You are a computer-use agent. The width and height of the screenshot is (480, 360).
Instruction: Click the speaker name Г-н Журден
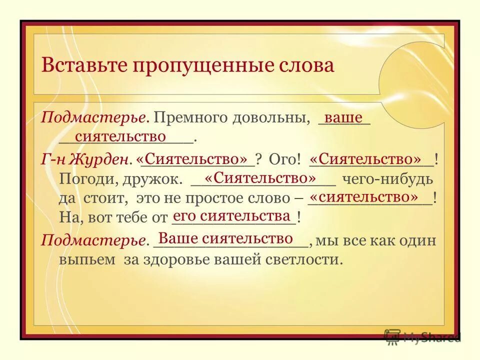(x=83, y=159)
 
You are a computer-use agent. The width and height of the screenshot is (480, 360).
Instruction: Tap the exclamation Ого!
(x=285, y=159)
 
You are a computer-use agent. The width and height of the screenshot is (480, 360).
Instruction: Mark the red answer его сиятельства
(x=231, y=216)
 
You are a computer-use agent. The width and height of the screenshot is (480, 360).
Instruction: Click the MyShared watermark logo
(x=422, y=337)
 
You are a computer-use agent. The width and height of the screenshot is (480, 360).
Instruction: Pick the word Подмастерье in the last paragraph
(x=93, y=240)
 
